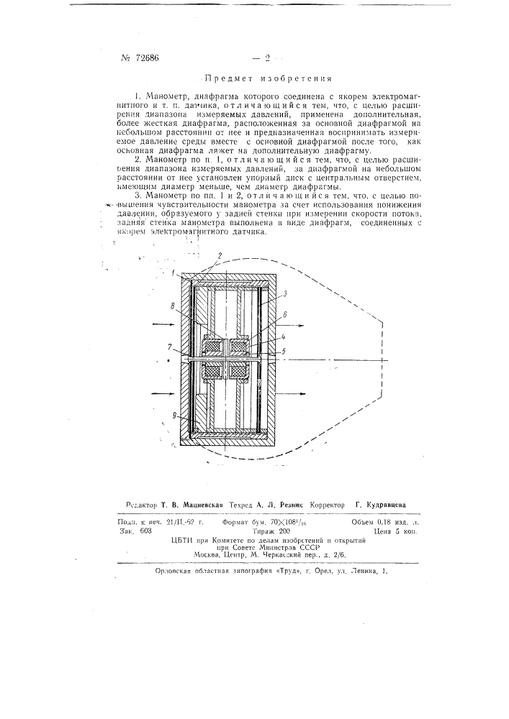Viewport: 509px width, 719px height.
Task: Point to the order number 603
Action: pyautogui.click(x=146, y=530)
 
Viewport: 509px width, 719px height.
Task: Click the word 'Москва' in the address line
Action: pyautogui.click(x=209, y=554)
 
